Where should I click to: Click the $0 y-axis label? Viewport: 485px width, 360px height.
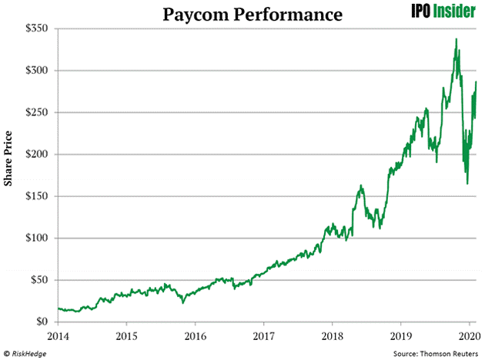point(42,322)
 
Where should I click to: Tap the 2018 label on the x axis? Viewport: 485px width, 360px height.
point(332,336)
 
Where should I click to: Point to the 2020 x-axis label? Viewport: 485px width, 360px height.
point(468,336)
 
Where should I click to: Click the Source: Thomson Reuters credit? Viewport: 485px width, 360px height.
point(436,352)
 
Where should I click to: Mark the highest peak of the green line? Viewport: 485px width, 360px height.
point(457,39)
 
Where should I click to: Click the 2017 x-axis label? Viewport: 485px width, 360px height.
point(263,336)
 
